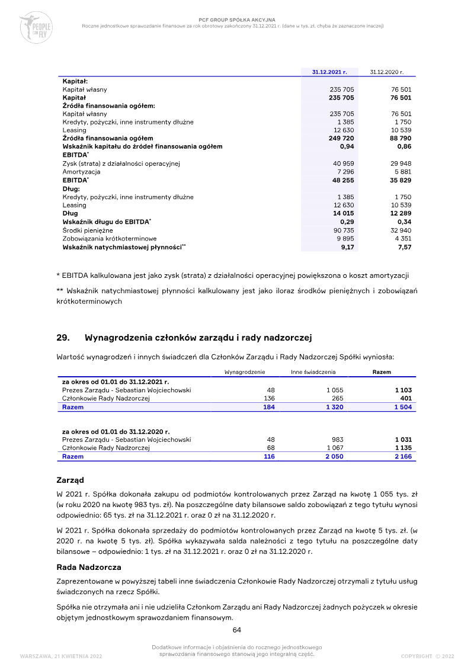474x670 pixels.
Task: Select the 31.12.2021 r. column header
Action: pyautogui.click(x=329, y=72)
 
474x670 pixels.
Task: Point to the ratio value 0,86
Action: pyautogui.click(x=404, y=146)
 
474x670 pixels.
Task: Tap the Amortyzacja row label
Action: pyautogui.click(x=81, y=171)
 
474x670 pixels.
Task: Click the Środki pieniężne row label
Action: pyautogui.click(x=88, y=230)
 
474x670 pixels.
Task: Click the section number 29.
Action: pyautogui.click(x=63, y=338)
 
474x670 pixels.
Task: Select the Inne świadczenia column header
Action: pyautogui.click(x=313, y=372)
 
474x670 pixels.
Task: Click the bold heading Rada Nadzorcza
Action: pyautogui.click(x=89, y=567)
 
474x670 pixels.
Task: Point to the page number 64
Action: pyautogui.click(x=236, y=630)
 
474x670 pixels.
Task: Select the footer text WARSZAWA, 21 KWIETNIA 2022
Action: pyautogui.click(x=61, y=656)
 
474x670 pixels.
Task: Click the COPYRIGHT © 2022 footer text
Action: pyautogui.click(x=427, y=656)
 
